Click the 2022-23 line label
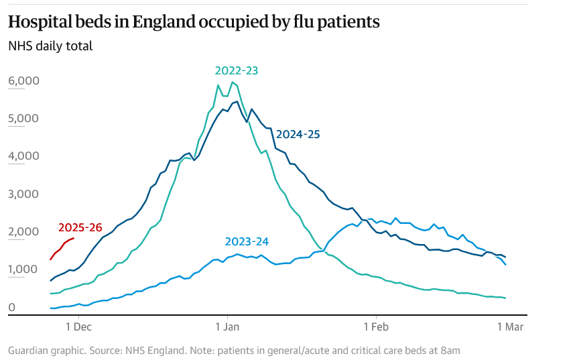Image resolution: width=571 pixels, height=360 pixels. click(x=237, y=70)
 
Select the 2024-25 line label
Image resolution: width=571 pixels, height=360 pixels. click(x=298, y=134)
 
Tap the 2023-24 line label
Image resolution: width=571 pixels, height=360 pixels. click(x=247, y=241)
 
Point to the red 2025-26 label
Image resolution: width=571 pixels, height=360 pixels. click(x=80, y=228)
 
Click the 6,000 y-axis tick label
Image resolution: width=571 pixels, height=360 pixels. click(x=24, y=81)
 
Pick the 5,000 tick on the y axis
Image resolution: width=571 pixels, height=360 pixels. click(x=24, y=119)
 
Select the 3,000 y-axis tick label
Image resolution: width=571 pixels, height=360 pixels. click(x=24, y=194)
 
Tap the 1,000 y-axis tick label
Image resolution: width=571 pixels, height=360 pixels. click(x=24, y=269)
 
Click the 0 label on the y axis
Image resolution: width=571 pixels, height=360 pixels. click(x=11, y=308)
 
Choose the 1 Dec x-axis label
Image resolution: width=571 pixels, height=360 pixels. click(x=79, y=327)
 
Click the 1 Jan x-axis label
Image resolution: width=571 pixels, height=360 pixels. click(x=227, y=327)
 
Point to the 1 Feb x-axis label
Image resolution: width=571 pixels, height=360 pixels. click(x=376, y=327)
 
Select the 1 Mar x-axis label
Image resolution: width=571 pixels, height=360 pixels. click(x=509, y=327)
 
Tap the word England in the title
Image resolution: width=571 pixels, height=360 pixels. click(x=163, y=22)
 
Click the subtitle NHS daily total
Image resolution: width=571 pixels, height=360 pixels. click(x=50, y=46)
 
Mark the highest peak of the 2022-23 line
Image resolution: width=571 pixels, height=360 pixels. click(x=232, y=82)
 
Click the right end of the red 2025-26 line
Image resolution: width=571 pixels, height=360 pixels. click(x=74, y=238)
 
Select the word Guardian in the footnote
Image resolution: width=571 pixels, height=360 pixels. click(x=29, y=350)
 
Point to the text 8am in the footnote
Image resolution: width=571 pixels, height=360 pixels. click(x=451, y=350)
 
